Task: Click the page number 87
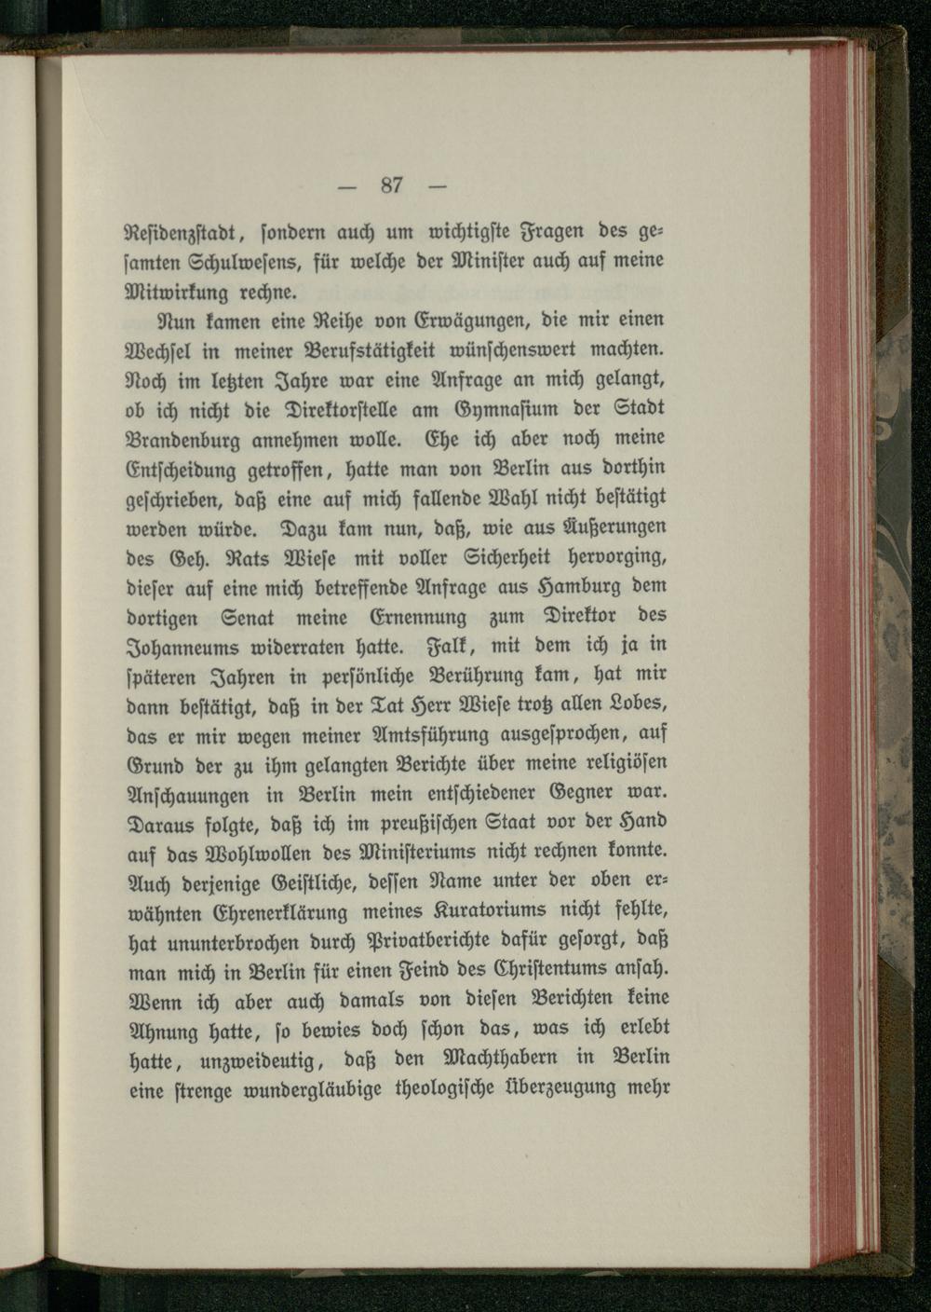(391, 185)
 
